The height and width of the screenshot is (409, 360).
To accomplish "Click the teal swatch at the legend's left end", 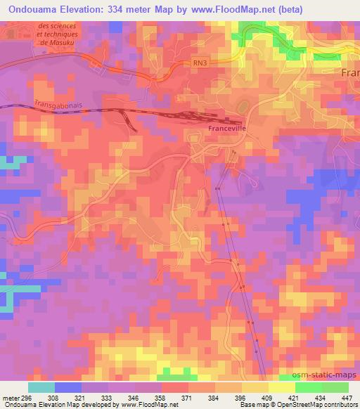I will point(41,387).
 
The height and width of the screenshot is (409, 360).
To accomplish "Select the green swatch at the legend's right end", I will point(335,387).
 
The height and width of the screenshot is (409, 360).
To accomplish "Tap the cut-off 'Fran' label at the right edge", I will point(349,73).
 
